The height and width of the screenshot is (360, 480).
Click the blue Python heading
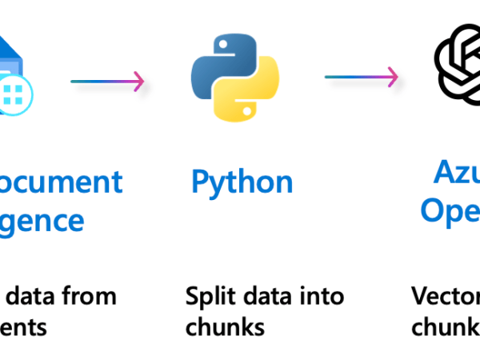[x=242, y=182]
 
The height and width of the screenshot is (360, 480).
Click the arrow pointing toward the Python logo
[x=107, y=81]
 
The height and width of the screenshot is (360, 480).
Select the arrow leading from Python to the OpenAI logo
[x=361, y=77]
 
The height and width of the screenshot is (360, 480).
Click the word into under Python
[x=321, y=296]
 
